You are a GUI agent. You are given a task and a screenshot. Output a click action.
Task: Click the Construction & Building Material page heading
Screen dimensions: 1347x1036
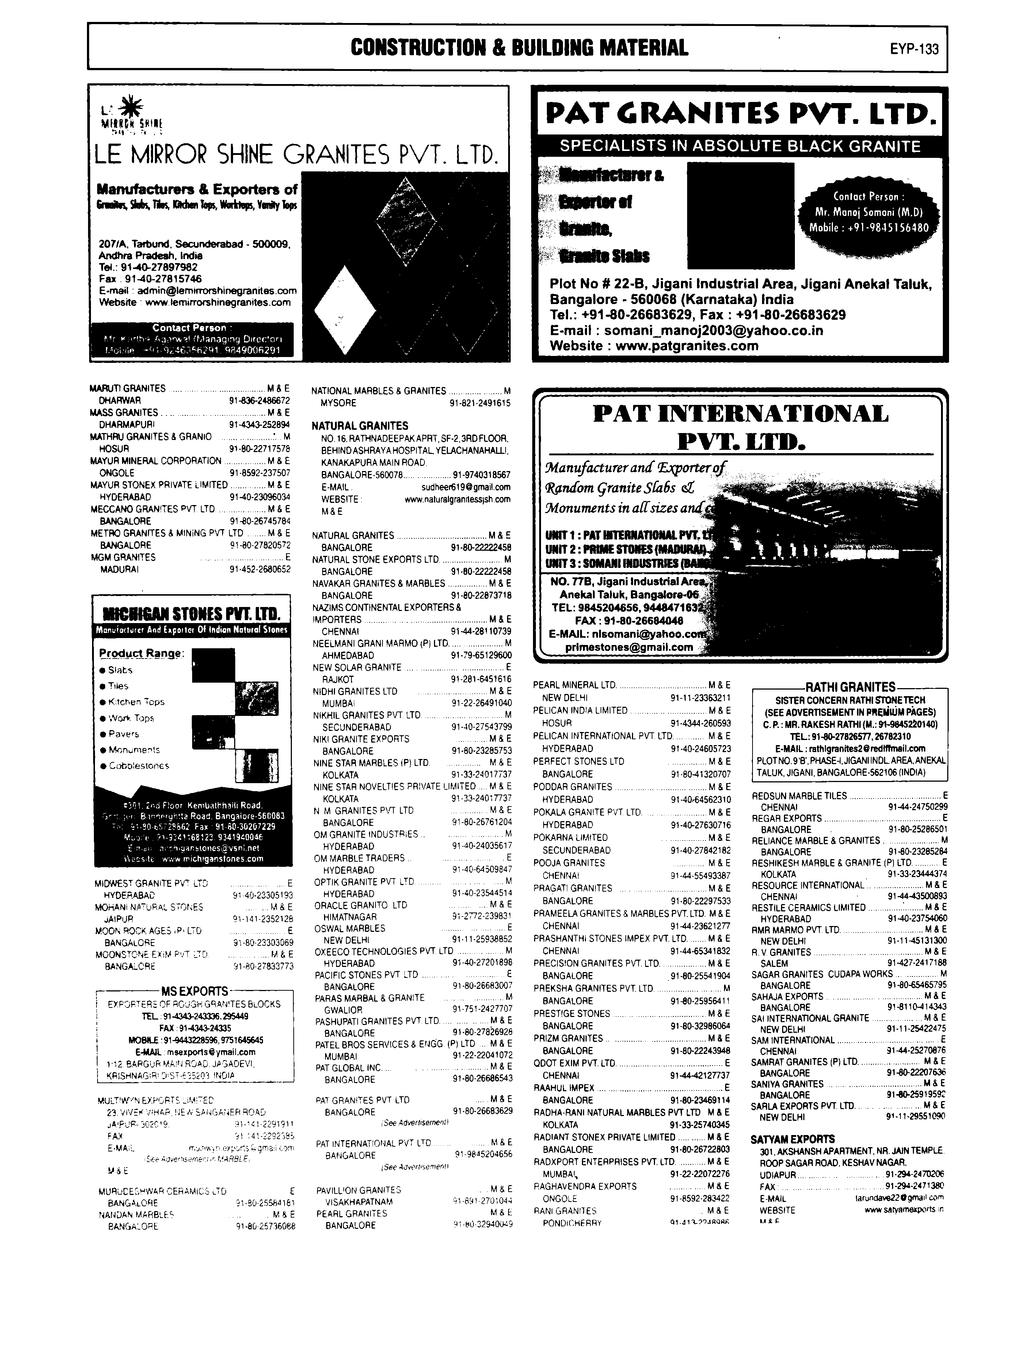point(519,48)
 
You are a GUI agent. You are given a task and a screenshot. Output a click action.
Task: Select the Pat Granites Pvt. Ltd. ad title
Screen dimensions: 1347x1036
point(740,113)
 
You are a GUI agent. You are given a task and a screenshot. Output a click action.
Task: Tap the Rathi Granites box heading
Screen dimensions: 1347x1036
point(850,686)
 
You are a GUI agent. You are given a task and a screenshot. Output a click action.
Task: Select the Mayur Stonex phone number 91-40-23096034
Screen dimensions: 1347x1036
point(260,497)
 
